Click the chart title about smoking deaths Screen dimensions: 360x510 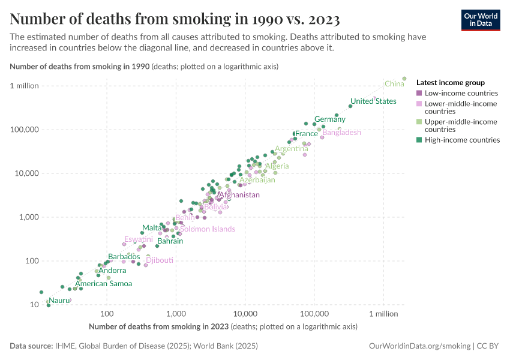pyautogui.click(x=175, y=19)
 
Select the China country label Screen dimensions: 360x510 pyautogui.click(x=394, y=84)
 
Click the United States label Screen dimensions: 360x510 pyautogui.click(x=373, y=101)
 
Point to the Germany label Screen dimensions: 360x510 pyautogui.click(x=330, y=119)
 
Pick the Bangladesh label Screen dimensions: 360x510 pyautogui.click(x=342, y=133)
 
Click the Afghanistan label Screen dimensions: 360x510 pyautogui.click(x=239, y=195)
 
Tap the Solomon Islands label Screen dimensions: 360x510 pyautogui.click(x=208, y=229)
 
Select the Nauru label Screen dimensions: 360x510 pyautogui.click(x=59, y=300)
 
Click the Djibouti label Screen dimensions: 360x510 pyautogui.click(x=160, y=260)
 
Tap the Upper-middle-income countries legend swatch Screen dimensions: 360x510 pyautogui.click(x=419, y=122)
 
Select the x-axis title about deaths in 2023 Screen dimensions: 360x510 pyautogui.click(x=223, y=327)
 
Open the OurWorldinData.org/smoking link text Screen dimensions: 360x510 pyautogui.click(x=419, y=346)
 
